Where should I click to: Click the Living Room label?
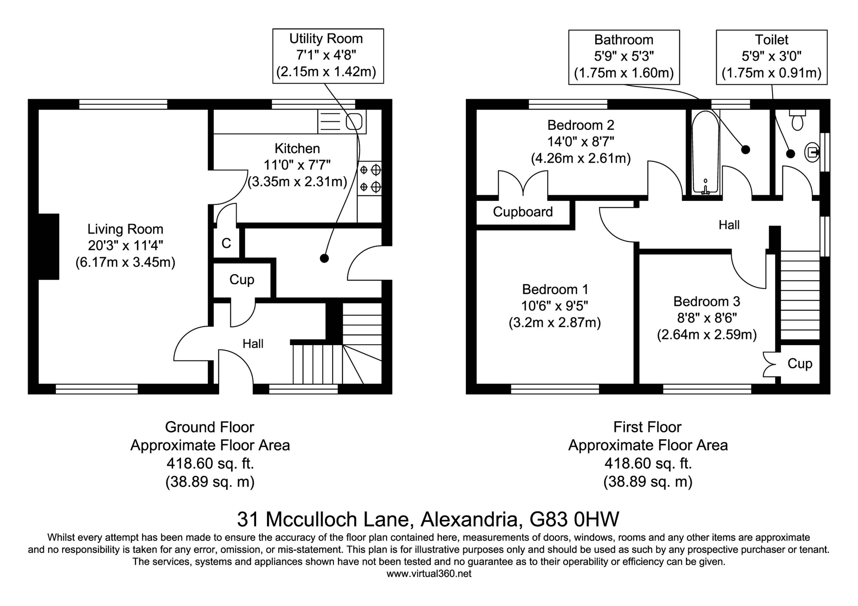pos(125,229)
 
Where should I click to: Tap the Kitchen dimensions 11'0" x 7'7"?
pos(297,165)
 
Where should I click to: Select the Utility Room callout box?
pos(328,56)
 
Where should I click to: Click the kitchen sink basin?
pos(353,121)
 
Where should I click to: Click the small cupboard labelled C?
pos(227,243)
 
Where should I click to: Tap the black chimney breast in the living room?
pos(49,247)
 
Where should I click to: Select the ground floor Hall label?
pos(253,343)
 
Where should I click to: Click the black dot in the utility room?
pos(324,258)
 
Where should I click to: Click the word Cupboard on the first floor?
pos(523,212)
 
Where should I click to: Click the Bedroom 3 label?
pos(707,301)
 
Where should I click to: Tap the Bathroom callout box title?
pos(624,40)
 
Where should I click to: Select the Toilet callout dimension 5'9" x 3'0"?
pos(771,56)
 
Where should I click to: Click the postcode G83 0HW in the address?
pos(574,519)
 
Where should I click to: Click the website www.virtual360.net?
pos(429,573)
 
